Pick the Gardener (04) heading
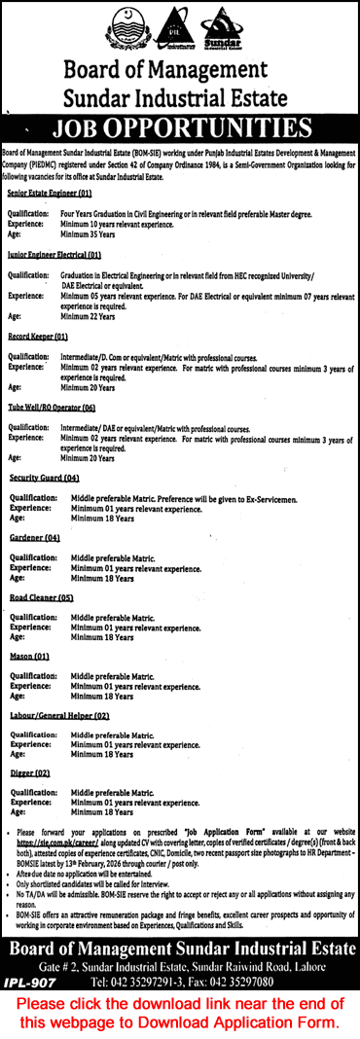[x=36, y=538]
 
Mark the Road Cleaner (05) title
[x=42, y=598]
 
